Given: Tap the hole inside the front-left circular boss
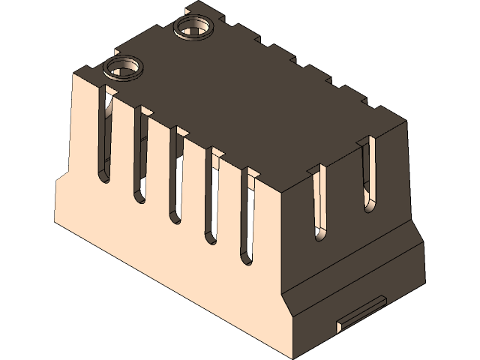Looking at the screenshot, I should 122,69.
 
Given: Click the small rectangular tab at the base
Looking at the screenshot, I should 361,312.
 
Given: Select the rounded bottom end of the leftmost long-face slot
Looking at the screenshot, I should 103,178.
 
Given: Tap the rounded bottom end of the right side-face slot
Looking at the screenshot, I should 369,205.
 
